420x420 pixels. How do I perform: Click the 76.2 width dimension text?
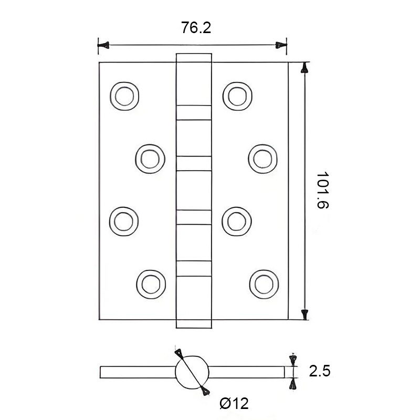[196, 28]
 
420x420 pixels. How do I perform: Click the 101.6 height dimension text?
[321, 190]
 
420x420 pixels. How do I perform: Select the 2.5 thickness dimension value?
[320, 372]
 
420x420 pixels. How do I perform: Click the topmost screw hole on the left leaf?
[125, 96]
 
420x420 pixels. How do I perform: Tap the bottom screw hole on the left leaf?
[150, 281]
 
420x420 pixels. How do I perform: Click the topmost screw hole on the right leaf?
[237, 95]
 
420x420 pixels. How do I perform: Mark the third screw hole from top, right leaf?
[237, 219]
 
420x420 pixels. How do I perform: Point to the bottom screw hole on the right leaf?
[262, 281]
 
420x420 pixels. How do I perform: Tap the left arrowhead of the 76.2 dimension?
[103, 46]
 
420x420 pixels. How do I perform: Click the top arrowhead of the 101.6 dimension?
[304, 68]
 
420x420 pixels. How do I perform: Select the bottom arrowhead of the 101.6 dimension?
[304, 314]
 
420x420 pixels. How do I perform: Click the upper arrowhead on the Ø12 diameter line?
[179, 353]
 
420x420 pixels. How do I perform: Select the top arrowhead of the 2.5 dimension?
[292, 360]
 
